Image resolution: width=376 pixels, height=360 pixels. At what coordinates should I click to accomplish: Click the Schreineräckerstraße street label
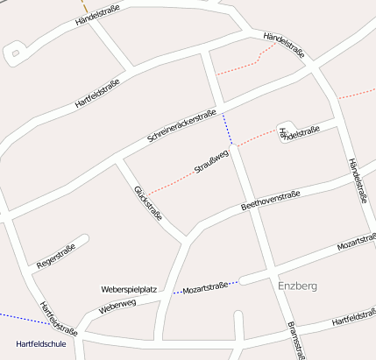[181, 126]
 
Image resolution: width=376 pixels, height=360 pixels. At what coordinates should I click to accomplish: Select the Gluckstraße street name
[148, 203]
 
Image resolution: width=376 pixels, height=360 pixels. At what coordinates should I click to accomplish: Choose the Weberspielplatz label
[129, 288]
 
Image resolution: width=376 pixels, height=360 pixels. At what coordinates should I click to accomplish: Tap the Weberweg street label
[117, 305]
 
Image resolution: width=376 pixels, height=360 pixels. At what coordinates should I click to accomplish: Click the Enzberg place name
[297, 286]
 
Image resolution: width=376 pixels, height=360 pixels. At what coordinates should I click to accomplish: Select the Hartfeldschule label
[41, 344]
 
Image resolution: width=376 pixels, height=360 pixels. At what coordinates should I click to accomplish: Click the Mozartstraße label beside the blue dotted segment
[205, 286]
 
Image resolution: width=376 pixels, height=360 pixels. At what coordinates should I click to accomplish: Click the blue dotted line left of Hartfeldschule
[18, 317]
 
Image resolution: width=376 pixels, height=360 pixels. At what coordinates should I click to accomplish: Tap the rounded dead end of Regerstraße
[84, 238]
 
